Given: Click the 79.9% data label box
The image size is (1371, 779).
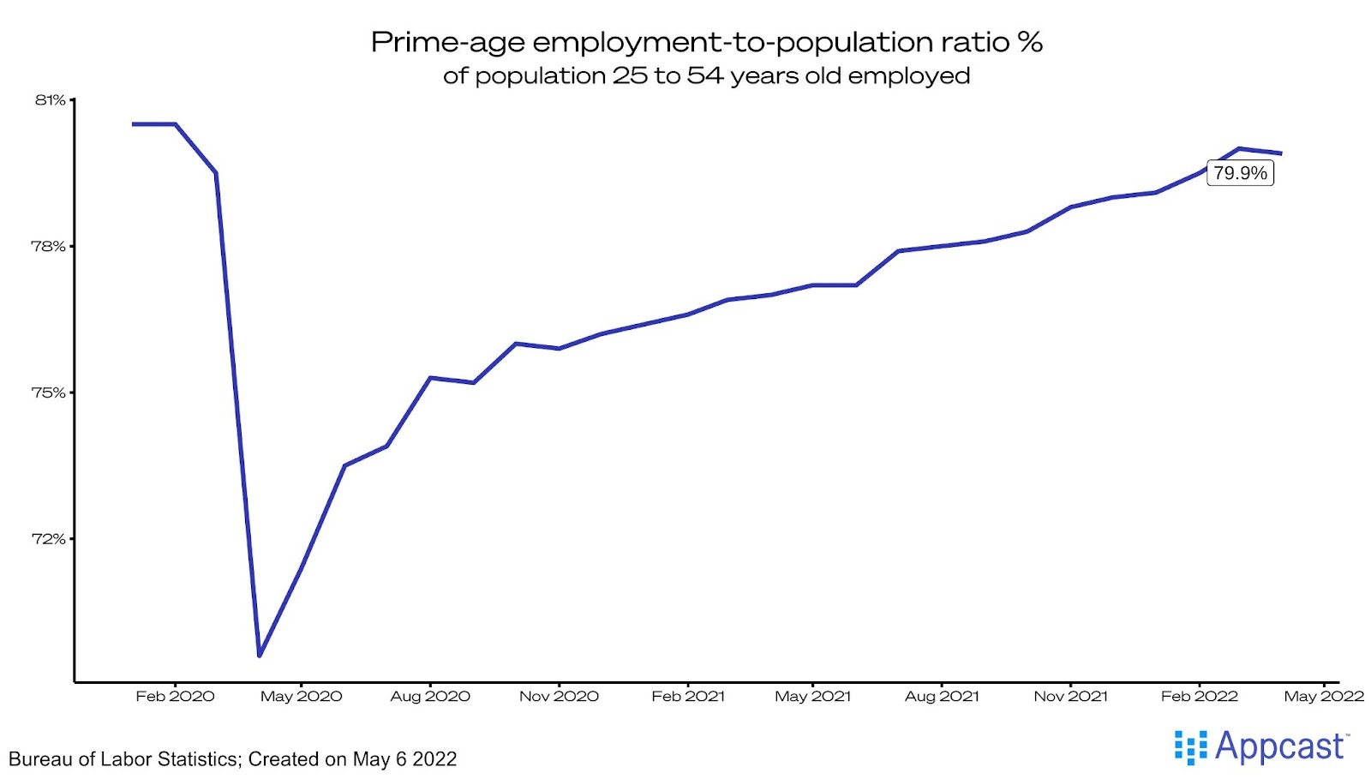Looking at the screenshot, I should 1240,173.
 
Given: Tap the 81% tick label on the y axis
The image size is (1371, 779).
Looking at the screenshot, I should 50,100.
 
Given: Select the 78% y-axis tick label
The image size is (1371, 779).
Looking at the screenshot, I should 48,247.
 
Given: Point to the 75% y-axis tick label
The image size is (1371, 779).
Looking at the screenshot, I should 48,392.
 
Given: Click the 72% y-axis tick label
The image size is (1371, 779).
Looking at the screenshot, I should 48,539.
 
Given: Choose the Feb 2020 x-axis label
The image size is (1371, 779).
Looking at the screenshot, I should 175,697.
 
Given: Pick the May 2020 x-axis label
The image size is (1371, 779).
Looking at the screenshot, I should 301,697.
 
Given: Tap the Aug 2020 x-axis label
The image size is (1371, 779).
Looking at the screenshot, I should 430,697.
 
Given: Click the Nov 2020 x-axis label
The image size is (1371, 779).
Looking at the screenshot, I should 559,697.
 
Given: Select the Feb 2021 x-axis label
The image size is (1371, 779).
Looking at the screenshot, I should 688,697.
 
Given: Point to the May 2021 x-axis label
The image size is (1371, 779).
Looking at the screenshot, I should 812,697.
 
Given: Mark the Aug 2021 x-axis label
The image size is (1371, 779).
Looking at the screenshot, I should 942,697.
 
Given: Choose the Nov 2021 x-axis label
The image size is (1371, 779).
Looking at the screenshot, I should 1070,697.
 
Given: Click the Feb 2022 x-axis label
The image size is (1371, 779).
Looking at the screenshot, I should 1199,697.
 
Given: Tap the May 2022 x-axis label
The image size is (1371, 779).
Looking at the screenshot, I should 1323,697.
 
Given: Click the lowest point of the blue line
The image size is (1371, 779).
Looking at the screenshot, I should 260,656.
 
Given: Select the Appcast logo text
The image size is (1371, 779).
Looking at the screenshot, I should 1279,746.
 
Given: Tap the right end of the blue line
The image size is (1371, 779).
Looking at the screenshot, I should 1281,153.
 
